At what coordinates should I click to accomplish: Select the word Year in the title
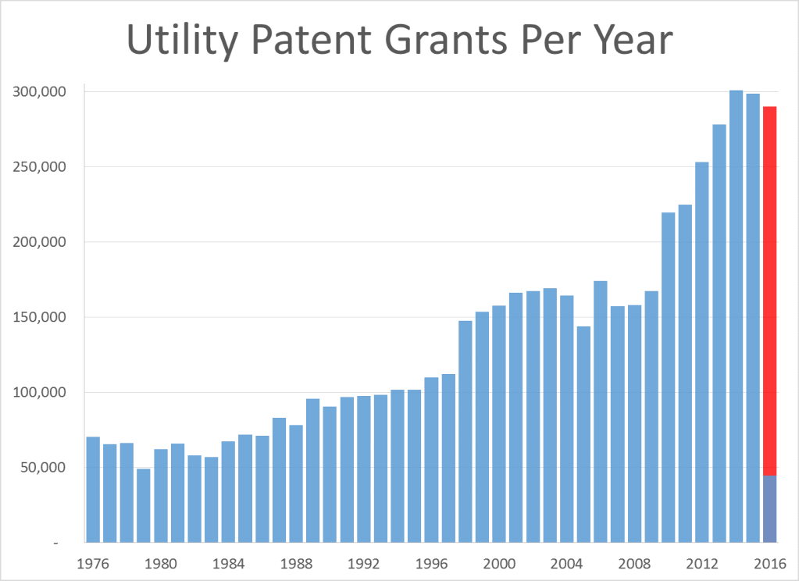pos(616,41)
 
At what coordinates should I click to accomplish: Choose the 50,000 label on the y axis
pos(43,468)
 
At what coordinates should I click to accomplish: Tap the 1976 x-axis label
pos(92,561)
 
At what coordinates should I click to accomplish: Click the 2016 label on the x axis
pos(769,561)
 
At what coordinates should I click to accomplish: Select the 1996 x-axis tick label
pos(431,561)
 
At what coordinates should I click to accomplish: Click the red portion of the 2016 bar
pos(769,289)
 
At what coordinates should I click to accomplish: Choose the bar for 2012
pos(701,352)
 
